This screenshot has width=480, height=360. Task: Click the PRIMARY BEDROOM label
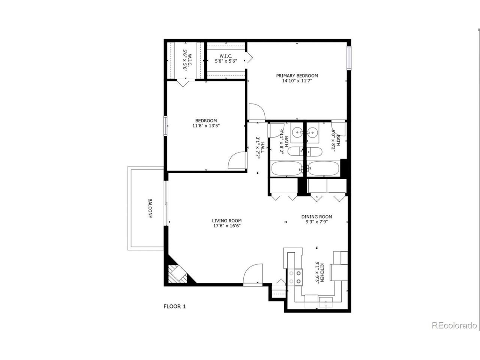click(297, 75)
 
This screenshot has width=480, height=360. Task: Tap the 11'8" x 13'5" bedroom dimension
click(206, 126)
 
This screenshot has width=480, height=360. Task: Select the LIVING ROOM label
click(226, 220)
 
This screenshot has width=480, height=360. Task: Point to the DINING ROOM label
click(317, 216)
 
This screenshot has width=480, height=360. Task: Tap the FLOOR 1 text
click(174, 306)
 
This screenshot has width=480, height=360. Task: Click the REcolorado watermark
click(454, 325)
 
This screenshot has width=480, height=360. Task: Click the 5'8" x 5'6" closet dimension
click(226, 61)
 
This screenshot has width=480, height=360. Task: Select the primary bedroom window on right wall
click(349, 58)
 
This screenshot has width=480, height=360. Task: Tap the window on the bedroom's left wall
click(165, 126)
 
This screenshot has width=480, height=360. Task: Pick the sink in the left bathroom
click(298, 132)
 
